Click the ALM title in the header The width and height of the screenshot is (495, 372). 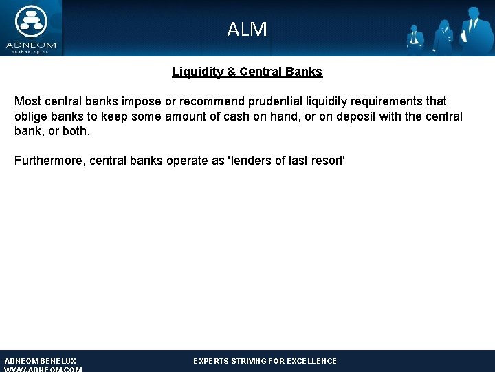tap(247, 29)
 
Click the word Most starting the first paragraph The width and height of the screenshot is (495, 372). tap(27, 101)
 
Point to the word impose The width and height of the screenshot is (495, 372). tap(141, 101)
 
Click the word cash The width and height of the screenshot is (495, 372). tap(234, 116)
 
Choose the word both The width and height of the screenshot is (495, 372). tap(75, 131)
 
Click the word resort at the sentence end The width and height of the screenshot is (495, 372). tap(328, 161)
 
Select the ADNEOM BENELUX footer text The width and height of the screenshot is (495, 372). tap(41, 361)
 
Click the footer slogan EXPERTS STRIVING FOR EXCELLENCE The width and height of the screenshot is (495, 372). tap(265, 361)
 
